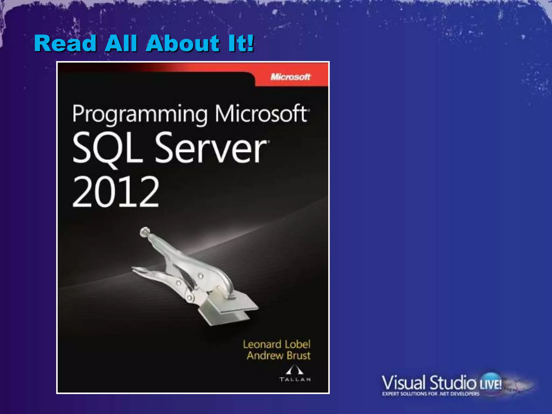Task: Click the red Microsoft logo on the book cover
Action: [291, 77]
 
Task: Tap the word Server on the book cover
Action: [211, 148]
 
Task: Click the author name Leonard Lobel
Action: [277, 344]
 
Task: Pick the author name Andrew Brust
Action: [279, 356]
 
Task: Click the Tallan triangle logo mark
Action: [294, 370]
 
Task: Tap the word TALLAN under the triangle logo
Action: [295, 379]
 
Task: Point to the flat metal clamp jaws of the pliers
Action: [229, 310]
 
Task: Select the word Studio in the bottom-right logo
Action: [453, 383]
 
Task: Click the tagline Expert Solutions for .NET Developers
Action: [431, 394]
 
